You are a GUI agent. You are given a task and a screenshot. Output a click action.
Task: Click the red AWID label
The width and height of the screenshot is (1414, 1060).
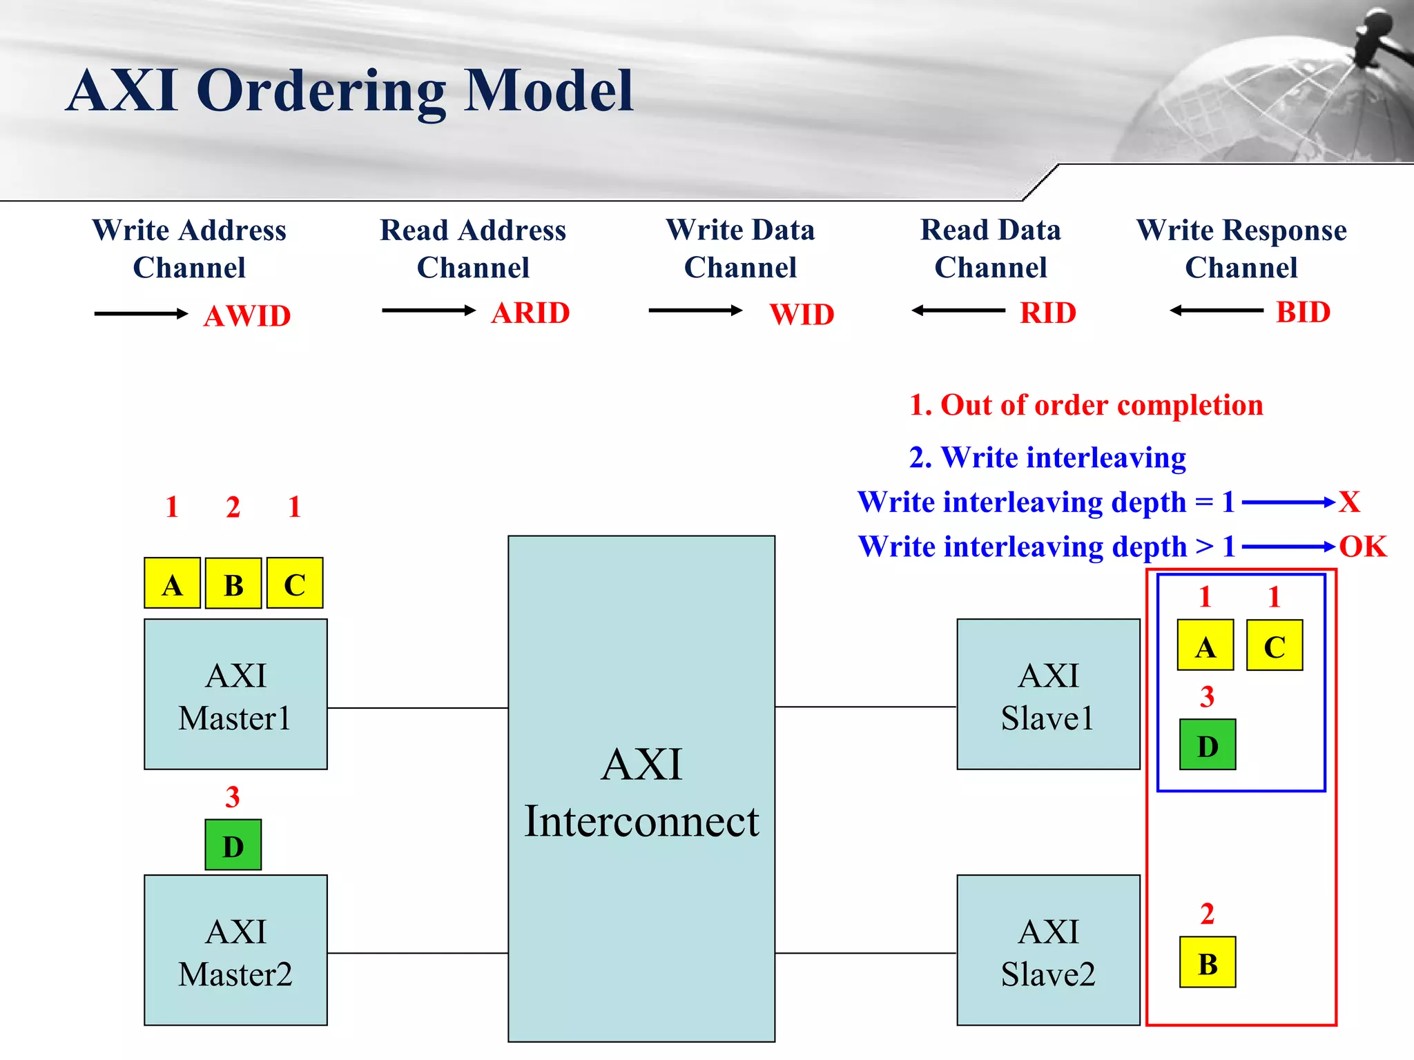247,316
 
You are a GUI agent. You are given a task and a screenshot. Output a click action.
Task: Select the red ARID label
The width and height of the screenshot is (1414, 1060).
530,313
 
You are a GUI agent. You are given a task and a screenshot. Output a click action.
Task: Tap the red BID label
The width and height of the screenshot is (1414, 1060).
1303,312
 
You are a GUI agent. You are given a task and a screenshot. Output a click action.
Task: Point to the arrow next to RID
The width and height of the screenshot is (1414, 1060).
958,311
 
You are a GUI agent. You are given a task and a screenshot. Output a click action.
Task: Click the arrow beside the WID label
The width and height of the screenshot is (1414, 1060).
695,311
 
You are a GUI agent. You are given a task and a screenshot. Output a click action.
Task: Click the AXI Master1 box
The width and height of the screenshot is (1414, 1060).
235,694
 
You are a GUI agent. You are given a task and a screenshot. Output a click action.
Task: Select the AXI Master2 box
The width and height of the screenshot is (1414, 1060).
235,950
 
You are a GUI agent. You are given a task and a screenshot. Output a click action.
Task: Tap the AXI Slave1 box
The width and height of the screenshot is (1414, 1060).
1048,694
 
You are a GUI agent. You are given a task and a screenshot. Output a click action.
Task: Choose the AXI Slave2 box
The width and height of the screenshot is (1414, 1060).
1048,950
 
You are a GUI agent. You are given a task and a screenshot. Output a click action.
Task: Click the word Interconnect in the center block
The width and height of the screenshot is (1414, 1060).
641,821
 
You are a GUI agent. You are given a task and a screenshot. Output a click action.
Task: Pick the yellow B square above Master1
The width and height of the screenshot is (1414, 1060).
233,584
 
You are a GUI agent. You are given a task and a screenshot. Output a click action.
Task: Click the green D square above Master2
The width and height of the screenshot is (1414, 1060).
233,845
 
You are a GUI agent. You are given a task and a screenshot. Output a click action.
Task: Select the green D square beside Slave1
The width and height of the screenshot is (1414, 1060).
1208,745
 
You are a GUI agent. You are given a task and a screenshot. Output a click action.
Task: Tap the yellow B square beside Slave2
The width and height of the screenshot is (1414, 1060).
1208,962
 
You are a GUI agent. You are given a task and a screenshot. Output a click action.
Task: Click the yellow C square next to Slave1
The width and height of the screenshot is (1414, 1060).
1275,645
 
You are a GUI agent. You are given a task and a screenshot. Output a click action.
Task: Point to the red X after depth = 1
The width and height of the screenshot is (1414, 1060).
1349,502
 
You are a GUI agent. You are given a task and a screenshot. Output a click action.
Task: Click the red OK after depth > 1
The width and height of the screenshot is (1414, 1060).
1362,547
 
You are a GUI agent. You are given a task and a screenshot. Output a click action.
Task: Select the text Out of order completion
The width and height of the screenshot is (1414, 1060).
1101,405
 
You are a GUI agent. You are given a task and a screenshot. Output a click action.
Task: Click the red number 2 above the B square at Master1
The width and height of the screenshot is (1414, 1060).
233,507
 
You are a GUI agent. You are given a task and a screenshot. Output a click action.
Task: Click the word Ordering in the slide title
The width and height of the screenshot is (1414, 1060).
322,91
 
